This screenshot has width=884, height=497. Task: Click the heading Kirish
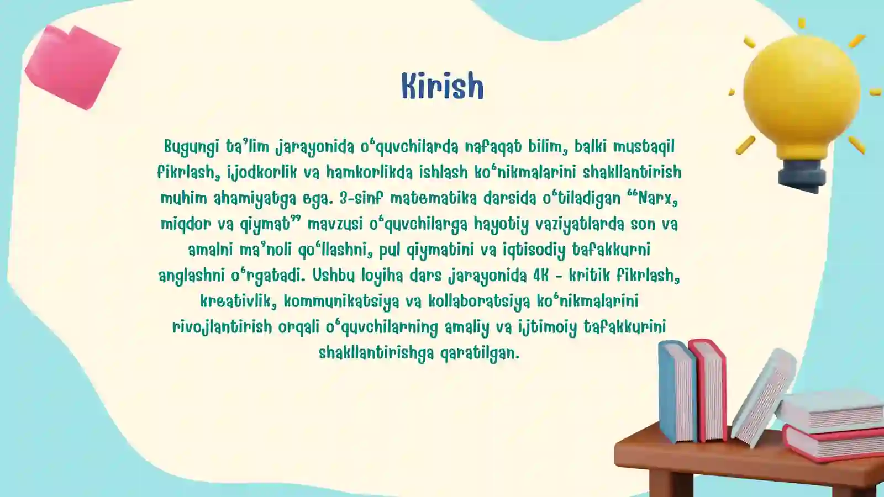click(x=442, y=86)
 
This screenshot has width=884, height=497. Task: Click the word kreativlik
click(x=238, y=301)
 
